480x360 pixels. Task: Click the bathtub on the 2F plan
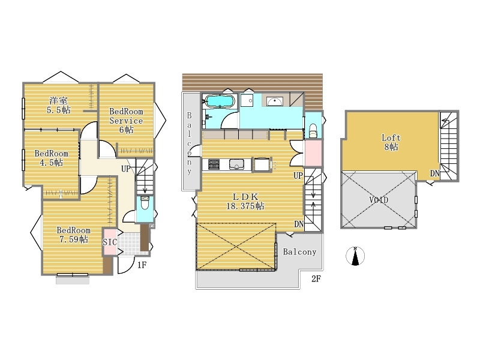(220, 101)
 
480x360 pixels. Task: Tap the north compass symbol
(355, 256)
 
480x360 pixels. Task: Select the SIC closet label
(109, 242)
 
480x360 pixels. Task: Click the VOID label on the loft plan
(379, 200)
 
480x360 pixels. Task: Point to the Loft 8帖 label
(391, 142)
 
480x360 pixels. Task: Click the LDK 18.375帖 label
(245, 202)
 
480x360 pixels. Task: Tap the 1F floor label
(142, 265)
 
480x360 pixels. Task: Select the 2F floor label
(316, 279)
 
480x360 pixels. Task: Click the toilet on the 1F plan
(145, 203)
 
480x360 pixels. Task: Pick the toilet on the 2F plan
(313, 131)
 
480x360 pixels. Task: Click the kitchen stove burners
(214, 164)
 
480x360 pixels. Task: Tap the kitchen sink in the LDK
(236, 164)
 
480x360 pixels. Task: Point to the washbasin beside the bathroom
(274, 101)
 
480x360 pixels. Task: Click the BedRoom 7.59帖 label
(73, 235)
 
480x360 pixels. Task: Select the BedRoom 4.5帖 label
(51, 158)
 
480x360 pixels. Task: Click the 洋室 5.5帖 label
(58, 105)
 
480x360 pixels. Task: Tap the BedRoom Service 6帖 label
(126, 121)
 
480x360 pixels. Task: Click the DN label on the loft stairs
(434, 173)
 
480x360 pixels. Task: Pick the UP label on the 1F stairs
(126, 169)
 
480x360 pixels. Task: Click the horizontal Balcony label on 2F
(299, 252)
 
